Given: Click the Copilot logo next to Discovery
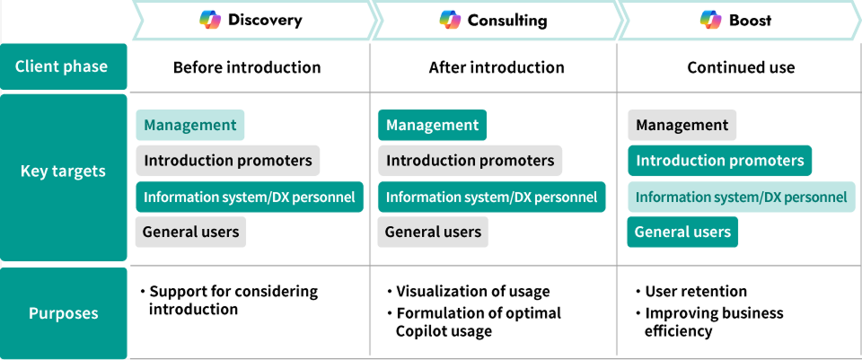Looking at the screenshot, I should [x=210, y=20].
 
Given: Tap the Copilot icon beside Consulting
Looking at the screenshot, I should [x=450, y=20].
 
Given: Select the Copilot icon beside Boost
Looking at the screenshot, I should [x=711, y=20].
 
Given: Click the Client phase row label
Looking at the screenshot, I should [x=62, y=66].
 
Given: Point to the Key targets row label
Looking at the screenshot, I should [x=62, y=171].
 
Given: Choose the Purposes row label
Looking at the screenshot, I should [x=62, y=313].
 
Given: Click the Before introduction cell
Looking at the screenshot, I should [x=246, y=67].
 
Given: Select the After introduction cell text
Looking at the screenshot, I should [x=497, y=67].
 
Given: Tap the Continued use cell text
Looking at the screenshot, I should [x=741, y=67].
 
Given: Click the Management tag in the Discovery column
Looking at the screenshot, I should [x=190, y=125].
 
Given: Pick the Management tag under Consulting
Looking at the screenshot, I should [x=432, y=125].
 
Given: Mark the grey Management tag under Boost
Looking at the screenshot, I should [x=682, y=125].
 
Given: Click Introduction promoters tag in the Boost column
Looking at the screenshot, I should [x=719, y=161].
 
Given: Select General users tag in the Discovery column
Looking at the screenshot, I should [x=191, y=232].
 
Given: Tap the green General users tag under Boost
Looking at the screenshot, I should [x=682, y=232].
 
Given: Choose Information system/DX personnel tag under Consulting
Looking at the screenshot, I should [x=491, y=197].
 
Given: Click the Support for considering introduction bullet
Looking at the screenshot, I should [x=232, y=300].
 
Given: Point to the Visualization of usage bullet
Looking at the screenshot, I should [x=472, y=291].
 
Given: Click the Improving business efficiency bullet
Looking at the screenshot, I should [x=713, y=321].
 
